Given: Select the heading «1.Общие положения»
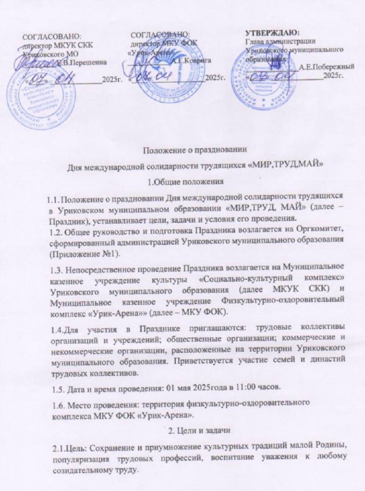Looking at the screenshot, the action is (x=185, y=181).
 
